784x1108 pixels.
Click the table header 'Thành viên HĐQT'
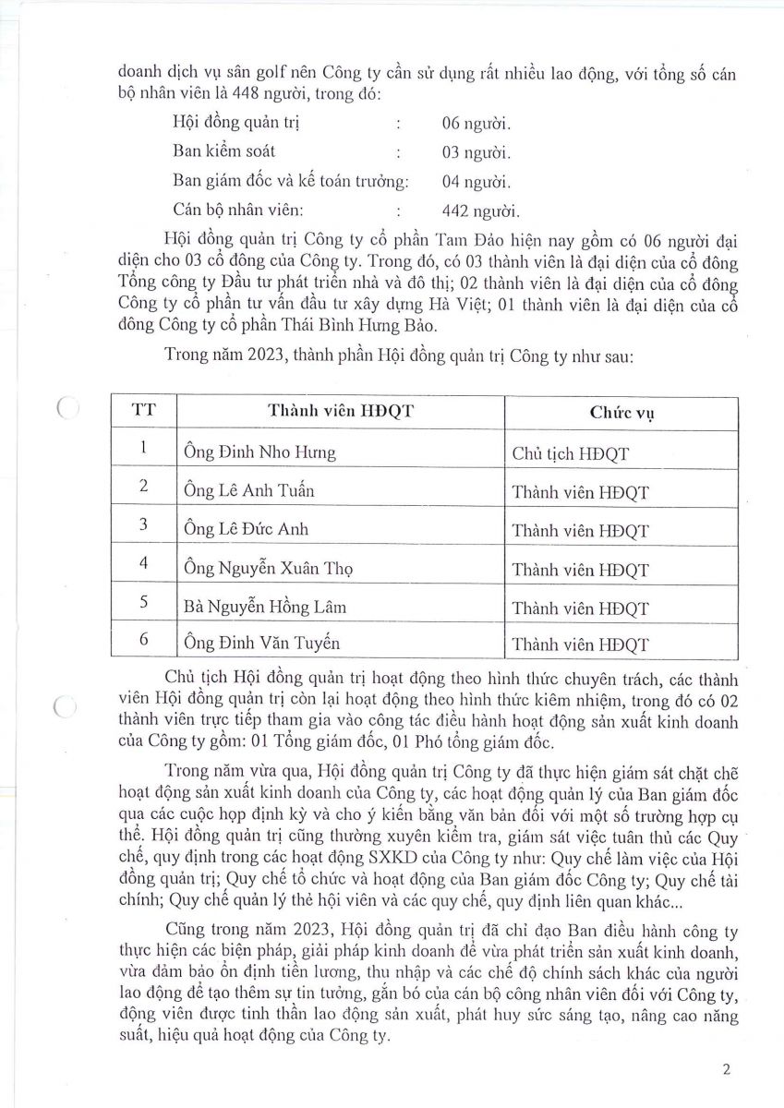[340, 413]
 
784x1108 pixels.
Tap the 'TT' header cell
[143, 412]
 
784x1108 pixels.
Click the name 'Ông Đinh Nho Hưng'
[258, 452]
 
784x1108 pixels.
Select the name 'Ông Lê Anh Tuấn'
[248, 491]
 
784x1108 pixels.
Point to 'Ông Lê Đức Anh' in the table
[246, 530]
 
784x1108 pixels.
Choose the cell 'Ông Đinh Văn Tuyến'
[261, 643]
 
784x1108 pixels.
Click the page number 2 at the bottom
[727, 1071]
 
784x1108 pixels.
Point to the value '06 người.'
[476, 123]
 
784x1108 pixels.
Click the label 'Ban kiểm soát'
[223, 151]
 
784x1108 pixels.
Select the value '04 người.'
[476, 181]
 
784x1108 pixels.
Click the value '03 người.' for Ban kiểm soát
[476, 152]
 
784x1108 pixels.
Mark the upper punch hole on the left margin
[65, 407]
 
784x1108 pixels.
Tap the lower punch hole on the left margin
[65, 708]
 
